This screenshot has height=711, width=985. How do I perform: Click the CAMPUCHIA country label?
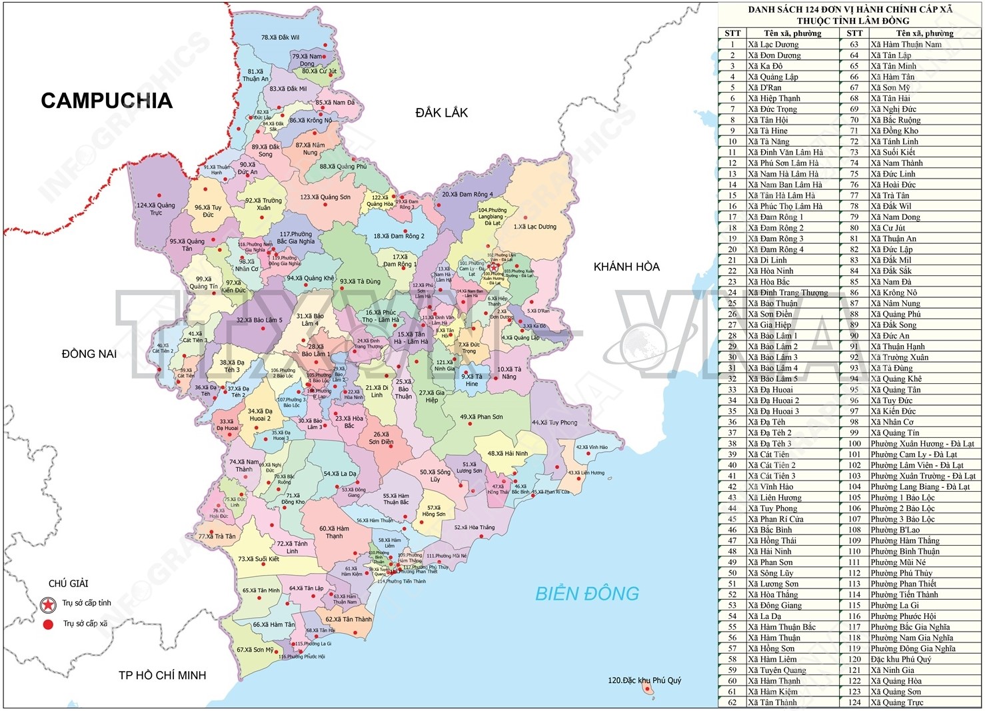(107, 101)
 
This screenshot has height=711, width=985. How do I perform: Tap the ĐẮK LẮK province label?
(441, 113)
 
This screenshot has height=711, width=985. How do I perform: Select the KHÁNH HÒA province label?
(626, 267)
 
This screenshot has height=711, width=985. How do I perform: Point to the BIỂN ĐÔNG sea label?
(586, 593)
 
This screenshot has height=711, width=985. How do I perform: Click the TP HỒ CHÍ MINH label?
(162, 675)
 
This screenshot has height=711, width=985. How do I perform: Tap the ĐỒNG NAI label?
(89, 354)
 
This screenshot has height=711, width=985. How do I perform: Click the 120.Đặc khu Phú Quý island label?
(644, 680)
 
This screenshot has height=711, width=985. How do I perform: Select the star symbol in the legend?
(48, 604)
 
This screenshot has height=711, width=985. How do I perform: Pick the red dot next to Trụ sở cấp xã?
(48, 624)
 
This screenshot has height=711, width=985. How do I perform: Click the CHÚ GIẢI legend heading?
(68, 584)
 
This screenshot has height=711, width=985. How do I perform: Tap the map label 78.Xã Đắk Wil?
(280, 38)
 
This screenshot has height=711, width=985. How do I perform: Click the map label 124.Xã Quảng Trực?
(156, 209)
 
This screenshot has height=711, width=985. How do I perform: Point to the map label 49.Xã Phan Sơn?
(481, 417)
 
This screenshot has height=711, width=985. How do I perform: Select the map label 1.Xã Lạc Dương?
(534, 227)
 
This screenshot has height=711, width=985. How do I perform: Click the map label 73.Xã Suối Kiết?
(259, 559)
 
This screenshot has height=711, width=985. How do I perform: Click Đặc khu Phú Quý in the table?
(900, 659)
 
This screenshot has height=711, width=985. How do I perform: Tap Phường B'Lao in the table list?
(894, 530)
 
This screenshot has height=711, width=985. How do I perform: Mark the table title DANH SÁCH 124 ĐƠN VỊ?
(850, 9)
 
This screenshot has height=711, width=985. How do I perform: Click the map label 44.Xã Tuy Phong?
(554, 422)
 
